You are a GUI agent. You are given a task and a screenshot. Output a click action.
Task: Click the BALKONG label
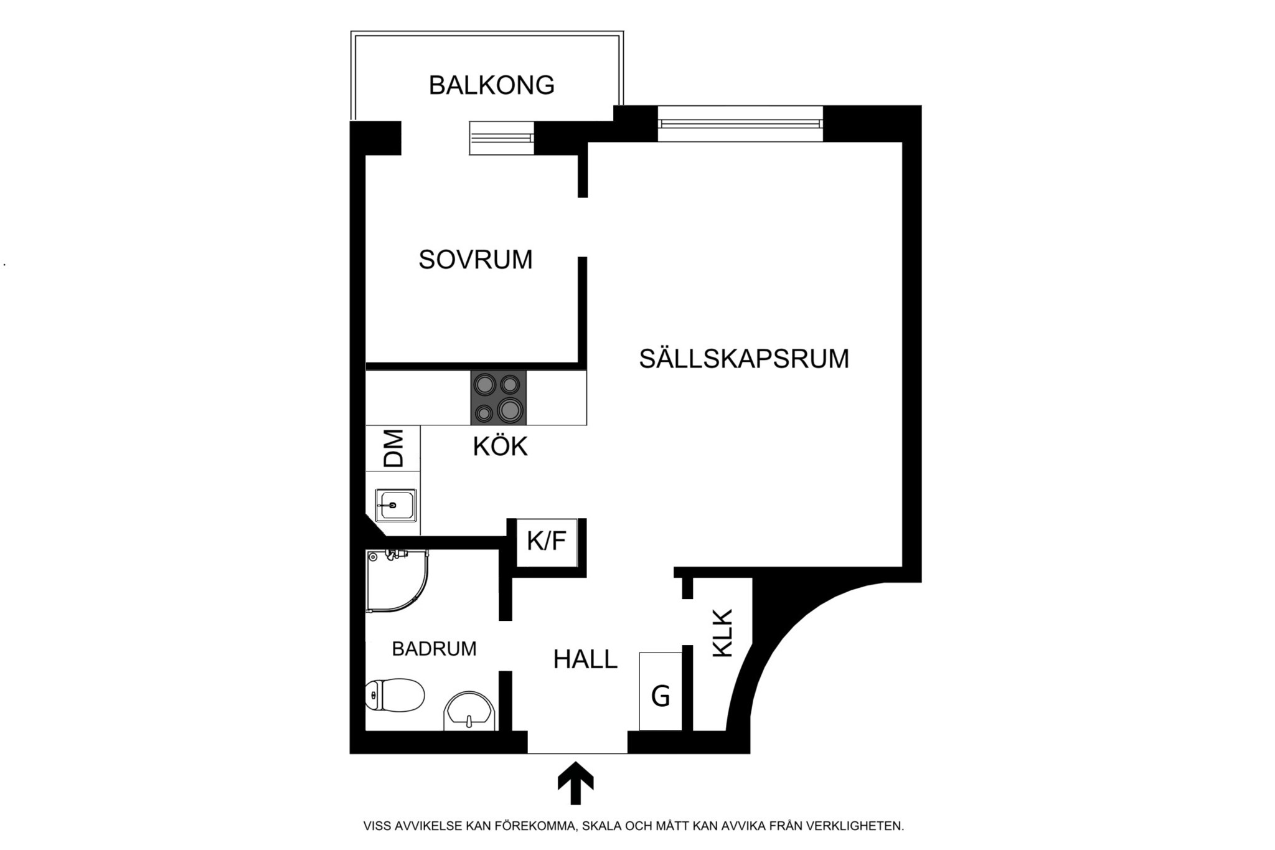pyautogui.click(x=491, y=85)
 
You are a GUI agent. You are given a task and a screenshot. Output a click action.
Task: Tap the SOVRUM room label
pyautogui.click(x=476, y=260)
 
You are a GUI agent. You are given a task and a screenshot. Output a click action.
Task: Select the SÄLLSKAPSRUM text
pyautogui.click(x=744, y=359)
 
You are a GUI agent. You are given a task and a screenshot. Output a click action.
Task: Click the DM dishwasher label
pyautogui.click(x=393, y=448)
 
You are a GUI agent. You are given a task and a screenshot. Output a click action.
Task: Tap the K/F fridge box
pyautogui.click(x=547, y=542)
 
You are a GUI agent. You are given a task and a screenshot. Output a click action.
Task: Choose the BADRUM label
pyautogui.click(x=434, y=649)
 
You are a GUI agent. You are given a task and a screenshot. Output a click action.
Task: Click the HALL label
pyautogui.click(x=585, y=659)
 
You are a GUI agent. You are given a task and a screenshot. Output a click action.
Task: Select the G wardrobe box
pyautogui.click(x=661, y=691)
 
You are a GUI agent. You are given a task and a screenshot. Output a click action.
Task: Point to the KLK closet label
pyautogui.click(x=723, y=633)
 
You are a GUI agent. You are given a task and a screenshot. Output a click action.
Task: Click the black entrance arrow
pyautogui.click(x=575, y=783)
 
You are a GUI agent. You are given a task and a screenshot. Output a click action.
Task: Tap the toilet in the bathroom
pyautogui.click(x=395, y=695)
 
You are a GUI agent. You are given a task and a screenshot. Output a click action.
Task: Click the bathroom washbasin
pyautogui.click(x=470, y=710)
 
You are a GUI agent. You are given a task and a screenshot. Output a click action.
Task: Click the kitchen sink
pyautogui.click(x=395, y=505)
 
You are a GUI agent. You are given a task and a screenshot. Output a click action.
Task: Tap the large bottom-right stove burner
pyautogui.click(x=510, y=410)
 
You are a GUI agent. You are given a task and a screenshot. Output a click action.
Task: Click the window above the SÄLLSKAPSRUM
pyautogui.click(x=740, y=124)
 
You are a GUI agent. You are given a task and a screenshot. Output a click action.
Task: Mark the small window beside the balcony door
pyautogui.click(x=501, y=138)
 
